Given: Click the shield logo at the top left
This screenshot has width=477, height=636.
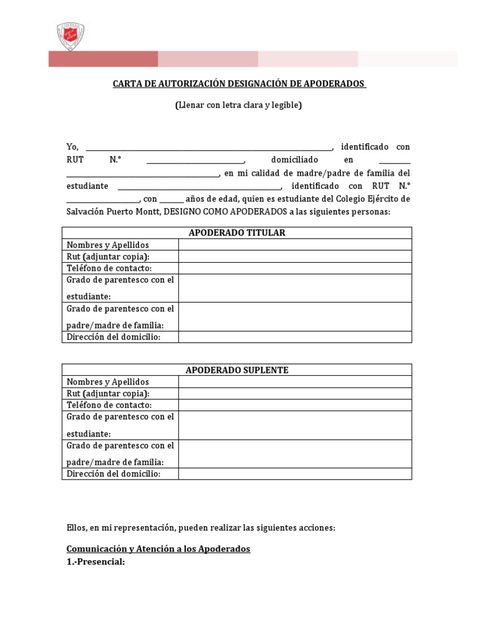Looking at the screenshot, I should point(70,36).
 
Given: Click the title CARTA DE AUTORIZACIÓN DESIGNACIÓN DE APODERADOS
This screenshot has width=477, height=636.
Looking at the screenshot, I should point(239,83).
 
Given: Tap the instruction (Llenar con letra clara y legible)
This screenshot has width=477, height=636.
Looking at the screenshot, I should point(238,105).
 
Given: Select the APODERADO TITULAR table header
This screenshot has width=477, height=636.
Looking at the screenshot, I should point(237,233).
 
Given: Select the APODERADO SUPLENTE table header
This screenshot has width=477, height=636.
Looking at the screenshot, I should point(237,370).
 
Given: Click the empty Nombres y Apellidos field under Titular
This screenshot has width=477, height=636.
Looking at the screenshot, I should point(295,245).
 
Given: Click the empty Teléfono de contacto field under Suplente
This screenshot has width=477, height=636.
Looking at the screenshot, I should point(295,405).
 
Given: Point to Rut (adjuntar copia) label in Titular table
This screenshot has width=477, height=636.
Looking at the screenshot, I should point(108,257).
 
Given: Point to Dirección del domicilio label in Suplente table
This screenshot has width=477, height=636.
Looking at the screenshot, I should point(113,474).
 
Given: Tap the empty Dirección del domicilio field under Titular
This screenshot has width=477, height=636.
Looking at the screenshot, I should point(295,337).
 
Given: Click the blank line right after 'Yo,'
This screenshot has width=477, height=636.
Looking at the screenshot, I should point(209,148).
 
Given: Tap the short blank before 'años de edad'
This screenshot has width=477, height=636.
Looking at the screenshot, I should point(171,200).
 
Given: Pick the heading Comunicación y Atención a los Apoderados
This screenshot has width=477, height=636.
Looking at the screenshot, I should point(158,550).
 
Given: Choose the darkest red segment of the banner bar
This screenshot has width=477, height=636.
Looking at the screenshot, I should point(103,59).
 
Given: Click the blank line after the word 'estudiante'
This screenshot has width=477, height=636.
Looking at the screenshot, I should point(199,187).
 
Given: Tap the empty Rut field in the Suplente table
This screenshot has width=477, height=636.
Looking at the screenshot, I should point(295,394).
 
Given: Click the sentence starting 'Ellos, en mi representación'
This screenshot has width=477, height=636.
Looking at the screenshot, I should point(201,528).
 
